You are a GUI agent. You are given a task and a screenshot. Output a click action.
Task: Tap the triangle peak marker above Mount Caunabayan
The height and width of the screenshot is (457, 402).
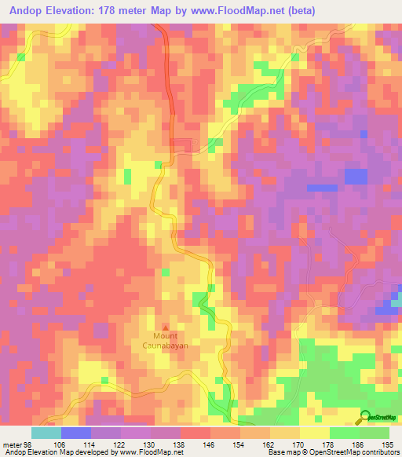[x=165, y=327]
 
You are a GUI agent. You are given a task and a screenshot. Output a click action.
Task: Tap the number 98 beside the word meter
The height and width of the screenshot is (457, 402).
[x=30, y=444]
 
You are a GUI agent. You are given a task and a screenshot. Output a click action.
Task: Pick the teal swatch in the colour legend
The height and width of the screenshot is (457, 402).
[x=46, y=433]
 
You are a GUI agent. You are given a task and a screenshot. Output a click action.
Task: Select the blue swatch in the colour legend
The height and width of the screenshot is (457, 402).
[x=76, y=433]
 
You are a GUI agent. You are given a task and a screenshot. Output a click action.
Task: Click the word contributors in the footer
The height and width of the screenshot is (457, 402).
[x=378, y=452]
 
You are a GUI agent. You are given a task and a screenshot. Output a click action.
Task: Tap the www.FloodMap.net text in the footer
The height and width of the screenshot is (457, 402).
[x=152, y=452]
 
